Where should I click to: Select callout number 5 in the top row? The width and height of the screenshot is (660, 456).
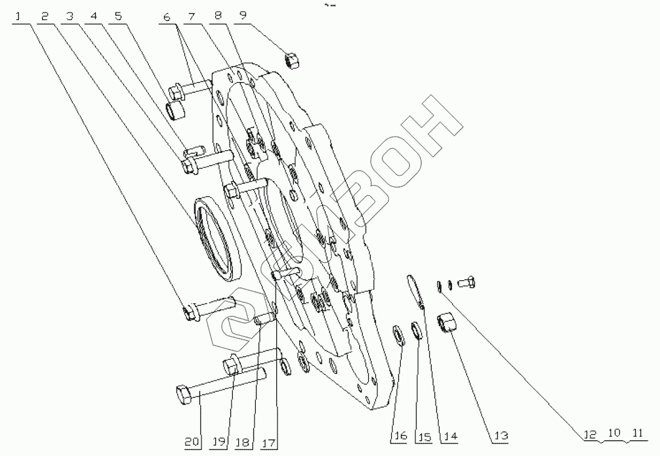coord(118,16)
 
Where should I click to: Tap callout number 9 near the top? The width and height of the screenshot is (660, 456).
coord(243,16)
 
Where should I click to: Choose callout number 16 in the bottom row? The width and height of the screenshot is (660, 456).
coord(400,436)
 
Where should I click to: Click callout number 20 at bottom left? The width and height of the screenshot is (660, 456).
coord(192,442)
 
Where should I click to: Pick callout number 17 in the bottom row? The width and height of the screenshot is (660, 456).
coord(268,442)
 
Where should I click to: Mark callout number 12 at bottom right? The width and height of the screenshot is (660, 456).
coord(590,434)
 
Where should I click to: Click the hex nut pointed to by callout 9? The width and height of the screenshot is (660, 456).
coord(292,60)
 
